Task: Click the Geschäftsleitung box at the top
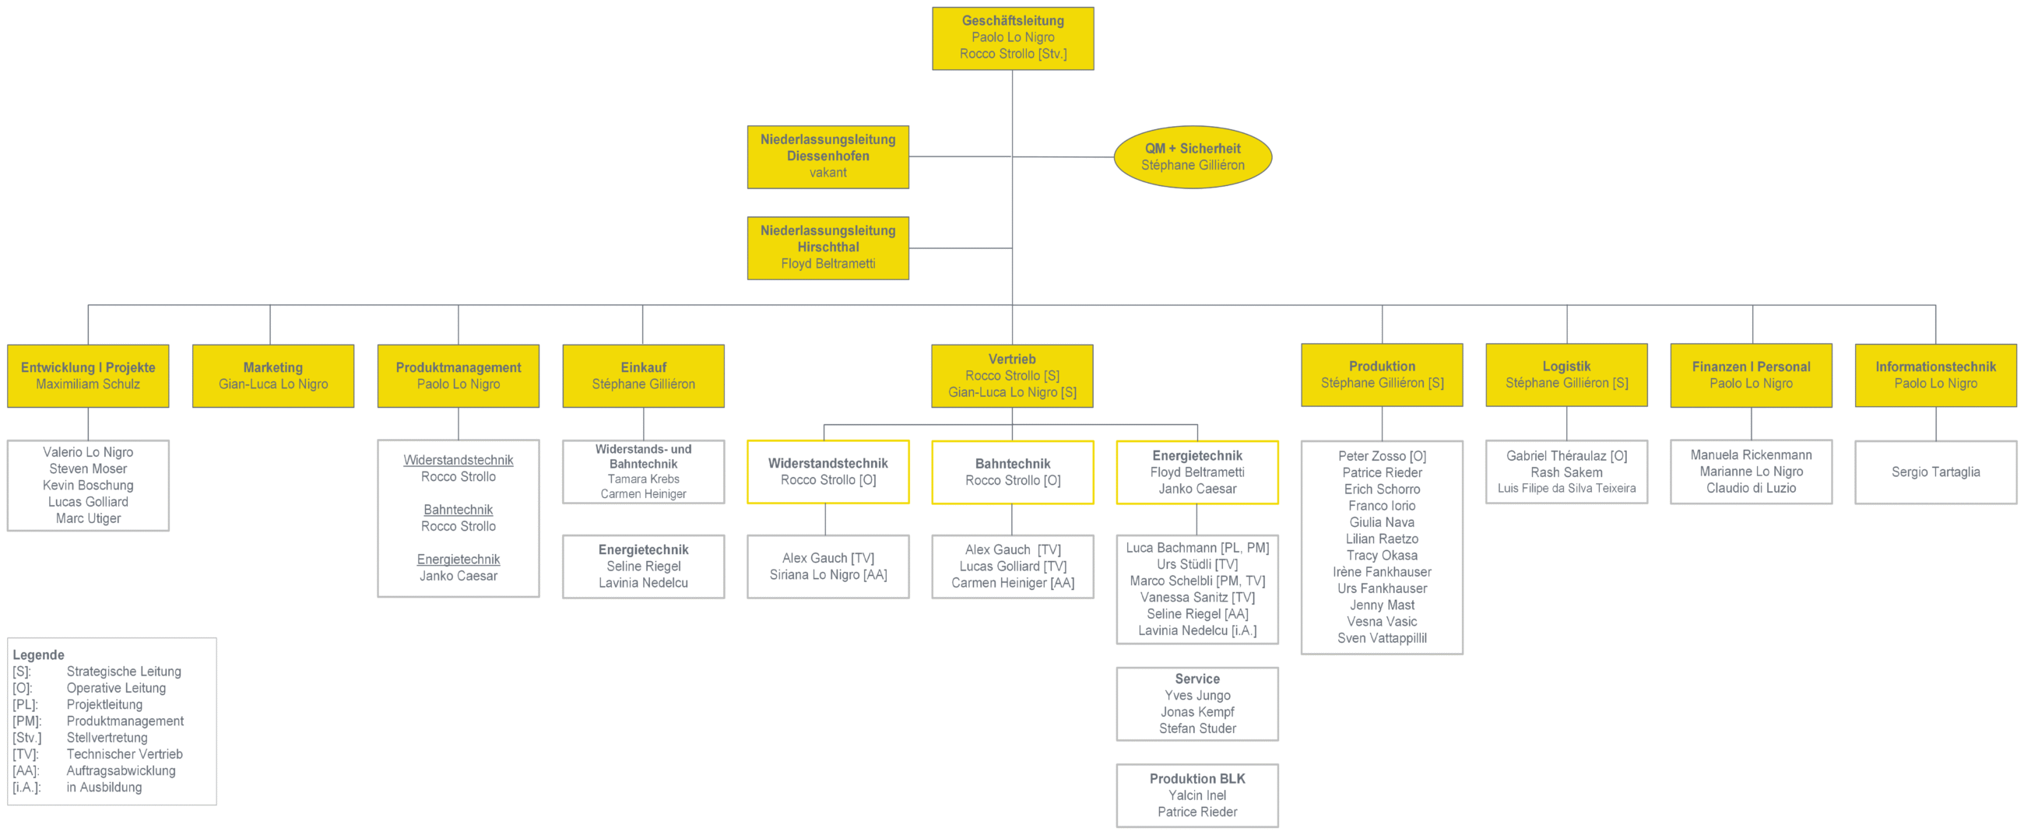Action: click(x=1013, y=38)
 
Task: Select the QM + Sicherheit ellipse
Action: click(x=1193, y=157)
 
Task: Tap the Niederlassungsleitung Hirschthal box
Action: click(x=828, y=248)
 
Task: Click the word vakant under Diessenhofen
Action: click(x=828, y=173)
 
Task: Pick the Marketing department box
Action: click(x=273, y=375)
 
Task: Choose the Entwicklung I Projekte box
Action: click(x=88, y=375)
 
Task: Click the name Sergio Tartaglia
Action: click(x=1935, y=472)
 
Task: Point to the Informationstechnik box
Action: click(x=1935, y=374)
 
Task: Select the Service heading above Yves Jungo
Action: click(x=1197, y=679)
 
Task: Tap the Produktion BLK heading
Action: click(x=1197, y=778)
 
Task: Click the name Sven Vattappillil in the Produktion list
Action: click(x=1382, y=638)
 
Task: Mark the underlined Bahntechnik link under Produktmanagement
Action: click(x=458, y=510)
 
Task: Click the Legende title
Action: click(x=38, y=654)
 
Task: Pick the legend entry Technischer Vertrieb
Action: click(x=124, y=754)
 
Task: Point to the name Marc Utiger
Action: click(x=88, y=518)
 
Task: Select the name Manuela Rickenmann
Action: click(x=1752, y=454)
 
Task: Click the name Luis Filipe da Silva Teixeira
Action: click(x=1567, y=488)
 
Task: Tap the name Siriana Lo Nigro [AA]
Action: click(x=828, y=575)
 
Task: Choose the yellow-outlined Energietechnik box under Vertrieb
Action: click(x=1197, y=472)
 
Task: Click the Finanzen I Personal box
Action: click(x=1752, y=374)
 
